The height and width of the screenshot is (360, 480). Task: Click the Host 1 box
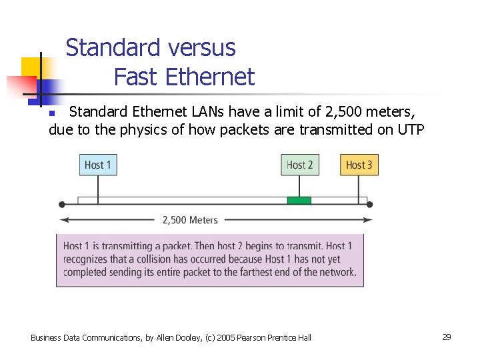pyautogui.click(x=98, y=165)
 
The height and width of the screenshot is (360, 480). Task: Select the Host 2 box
pyautogui.click(x=299, y=165)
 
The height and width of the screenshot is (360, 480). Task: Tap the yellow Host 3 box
pyautogui.click(x=359, y=165)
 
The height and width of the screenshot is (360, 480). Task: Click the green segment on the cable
pyautogui.click(x=299, y=200)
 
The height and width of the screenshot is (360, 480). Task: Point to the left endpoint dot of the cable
pyautogui.click(x=62, y=205)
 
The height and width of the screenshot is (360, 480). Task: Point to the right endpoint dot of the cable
pyautogui.click(x=370, y=205)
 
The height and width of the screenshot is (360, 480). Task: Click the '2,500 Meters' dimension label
pyautogui.click(x=190, y=220)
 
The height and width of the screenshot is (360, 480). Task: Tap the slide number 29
pyautogui.click(x=447, y=337)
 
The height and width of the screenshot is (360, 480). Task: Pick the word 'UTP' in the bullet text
pyautogui.click(x=411, y=129)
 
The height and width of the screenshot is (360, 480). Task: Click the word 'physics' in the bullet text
pyautogui.click(x=143, y=129)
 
